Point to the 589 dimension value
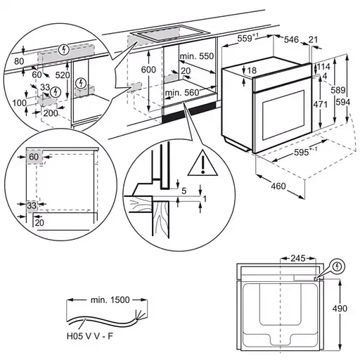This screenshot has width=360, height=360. pyautogui.click(x=340, y=90)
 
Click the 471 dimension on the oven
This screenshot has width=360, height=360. pyautogui.click(x=321, y=103)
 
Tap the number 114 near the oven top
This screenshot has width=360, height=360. pyautogui.click(x=323, y=66)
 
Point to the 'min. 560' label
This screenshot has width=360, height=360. pyautogui.click(x=181, y=92)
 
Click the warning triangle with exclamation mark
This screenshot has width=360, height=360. pyautogui.click(x=202, y=163)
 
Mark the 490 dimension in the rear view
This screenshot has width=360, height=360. pyautogui.click(x=341, y=308)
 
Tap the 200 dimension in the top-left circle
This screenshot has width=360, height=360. pyautogui.click(x=50, y=112)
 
